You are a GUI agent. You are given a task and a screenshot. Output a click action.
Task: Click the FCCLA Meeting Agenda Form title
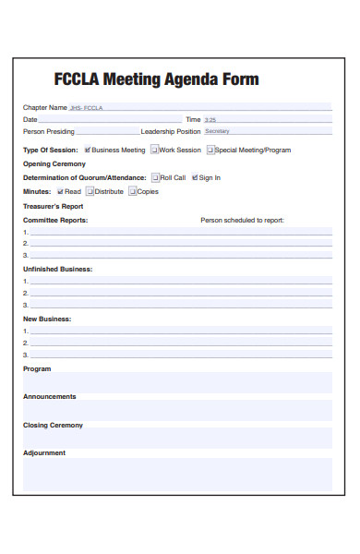click(156, 79)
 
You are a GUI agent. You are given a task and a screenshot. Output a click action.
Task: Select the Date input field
click(111, 119)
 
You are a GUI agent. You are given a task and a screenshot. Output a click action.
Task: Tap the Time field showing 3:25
click(267, 119)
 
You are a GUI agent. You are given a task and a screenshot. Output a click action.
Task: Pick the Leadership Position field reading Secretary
click(267, 131)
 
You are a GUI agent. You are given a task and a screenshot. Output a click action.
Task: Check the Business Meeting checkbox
click(88, 150)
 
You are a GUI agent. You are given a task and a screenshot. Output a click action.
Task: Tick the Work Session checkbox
click(154, 150)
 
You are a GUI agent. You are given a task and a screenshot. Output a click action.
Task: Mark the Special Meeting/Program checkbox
click(210, 150)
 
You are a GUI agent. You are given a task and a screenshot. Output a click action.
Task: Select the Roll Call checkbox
click(155, 177)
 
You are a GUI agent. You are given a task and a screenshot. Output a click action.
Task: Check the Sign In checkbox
click(195, 177)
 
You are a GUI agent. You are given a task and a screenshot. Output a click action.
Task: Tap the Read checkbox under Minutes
click(59, 191)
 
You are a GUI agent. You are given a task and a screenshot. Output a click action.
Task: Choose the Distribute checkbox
click(90, 191)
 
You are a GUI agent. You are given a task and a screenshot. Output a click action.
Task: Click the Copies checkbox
click(132, 191)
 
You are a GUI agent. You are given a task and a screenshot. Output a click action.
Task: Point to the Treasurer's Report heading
click(54, 207)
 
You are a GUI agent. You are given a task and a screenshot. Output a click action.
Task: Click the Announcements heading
click(50, 396)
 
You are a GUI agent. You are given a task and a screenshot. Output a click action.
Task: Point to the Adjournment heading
click(44, 452)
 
